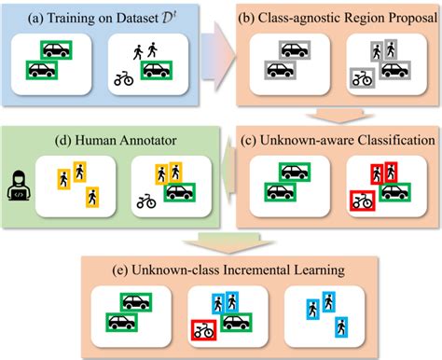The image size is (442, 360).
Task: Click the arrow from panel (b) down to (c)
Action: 331,116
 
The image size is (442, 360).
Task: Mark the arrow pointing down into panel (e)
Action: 220,242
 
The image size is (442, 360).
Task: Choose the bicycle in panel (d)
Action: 146,201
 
